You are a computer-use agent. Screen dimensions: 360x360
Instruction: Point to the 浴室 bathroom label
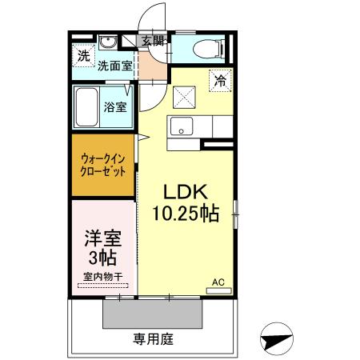point(114,107)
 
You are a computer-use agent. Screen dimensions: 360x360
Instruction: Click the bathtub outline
point(86,106)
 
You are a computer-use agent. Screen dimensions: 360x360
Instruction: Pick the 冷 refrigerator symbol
point(220,80)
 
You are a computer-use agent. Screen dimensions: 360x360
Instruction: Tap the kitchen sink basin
point(179,126)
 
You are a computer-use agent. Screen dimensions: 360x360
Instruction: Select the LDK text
point(186,192)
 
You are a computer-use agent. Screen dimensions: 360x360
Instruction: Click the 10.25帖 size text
point(186,214)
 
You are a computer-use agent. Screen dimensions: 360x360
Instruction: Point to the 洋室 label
point(102,238)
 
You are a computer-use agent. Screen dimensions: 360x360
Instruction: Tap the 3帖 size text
point(102,258)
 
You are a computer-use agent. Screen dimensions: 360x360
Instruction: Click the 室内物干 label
point(102,277)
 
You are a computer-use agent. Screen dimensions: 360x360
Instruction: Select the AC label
point(217,282)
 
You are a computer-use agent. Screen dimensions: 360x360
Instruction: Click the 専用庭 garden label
point(152,339)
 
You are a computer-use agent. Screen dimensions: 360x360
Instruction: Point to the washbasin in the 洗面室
point(110,43)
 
